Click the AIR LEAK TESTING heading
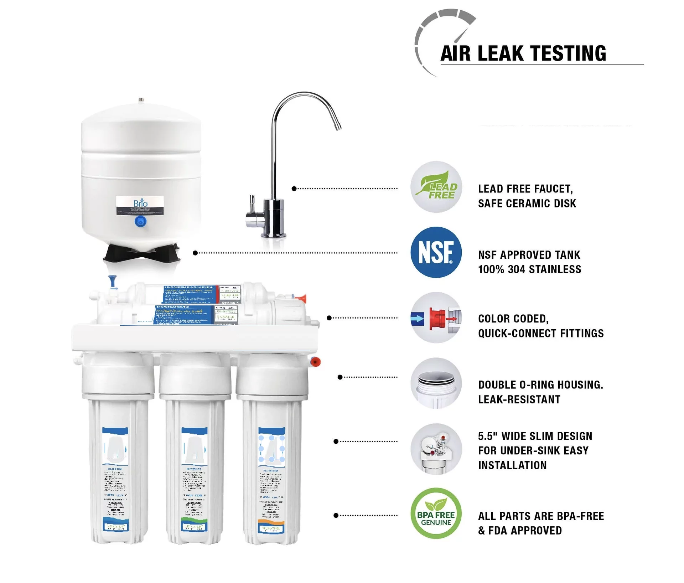(523, 53)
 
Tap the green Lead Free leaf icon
(436, 187)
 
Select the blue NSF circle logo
(436, 252)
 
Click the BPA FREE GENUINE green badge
(436, 513)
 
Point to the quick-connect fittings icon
(436, 318)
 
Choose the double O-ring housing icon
(436, 383)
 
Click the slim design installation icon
(436, 449)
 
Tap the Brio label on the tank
(140, 205)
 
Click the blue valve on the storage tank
(140, 222)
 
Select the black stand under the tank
(142, 252)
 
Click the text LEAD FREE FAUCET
(525, 189)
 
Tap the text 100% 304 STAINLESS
(529, 269)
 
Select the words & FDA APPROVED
(520, 531)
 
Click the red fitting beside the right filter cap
(316, 362)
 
